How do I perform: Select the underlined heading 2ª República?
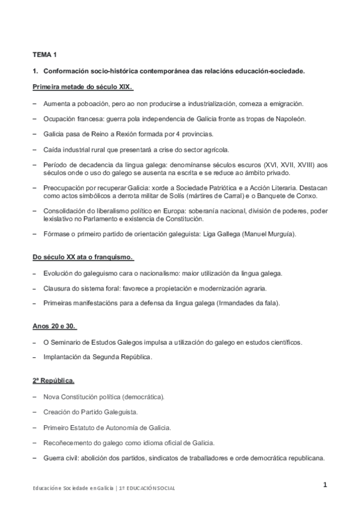[53, 381]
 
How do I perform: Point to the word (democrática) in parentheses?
[143, 398]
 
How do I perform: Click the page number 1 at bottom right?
[325, 485]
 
